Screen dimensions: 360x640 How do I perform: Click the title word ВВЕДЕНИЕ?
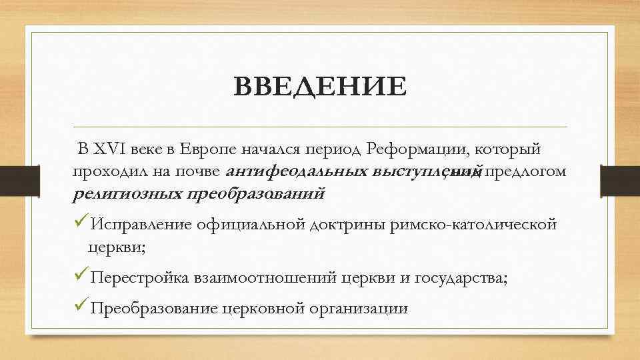pos(320,87)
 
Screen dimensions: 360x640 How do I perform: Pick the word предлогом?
pos(527,171)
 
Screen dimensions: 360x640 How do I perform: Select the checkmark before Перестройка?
pos(81,277)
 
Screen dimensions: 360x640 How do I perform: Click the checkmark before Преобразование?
pos(81,307)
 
